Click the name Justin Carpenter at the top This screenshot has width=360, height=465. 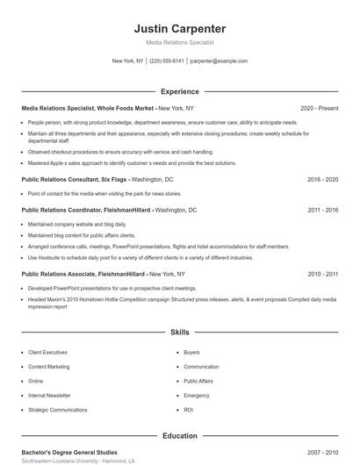pyautogui.click(x=180, y=28)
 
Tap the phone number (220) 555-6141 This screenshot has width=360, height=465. pyautogui.click(x=167, y=61)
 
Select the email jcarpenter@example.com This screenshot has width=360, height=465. pyautogui.click(x=219, y=61)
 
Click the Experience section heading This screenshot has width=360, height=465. pyautogui.click(x=180, y=91)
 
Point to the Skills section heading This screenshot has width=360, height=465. pyautogui.click(x=180, y=333)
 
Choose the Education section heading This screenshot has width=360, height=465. pyautogui.click(x=180, y=435)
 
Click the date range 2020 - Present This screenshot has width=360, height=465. pyautogui.click(x=319, y=109)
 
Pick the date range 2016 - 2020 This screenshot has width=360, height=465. pyautogui.click(x=322, y=179)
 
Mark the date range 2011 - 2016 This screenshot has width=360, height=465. pyautogui.click(x=322, y=211)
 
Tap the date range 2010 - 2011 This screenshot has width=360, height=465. pyautogui.click(x=322, y=274)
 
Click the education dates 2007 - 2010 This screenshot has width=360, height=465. pyautogui.click(x=322, y=452)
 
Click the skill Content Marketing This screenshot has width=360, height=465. pyautogui.click(x=49, y=367)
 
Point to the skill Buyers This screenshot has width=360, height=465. pyautogui.click(x=191, y=353)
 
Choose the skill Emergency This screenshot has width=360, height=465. pyautogui.click(x=197, y=396)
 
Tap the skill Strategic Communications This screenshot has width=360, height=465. pyautogui.click(x=58, y=410)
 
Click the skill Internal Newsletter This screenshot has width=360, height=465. pyautogui.click(x=49, y=396)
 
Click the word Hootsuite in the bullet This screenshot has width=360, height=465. pyautogui.click(x=46, y=258)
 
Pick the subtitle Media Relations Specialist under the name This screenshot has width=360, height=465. pyautogui.click(x=180, y=42)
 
